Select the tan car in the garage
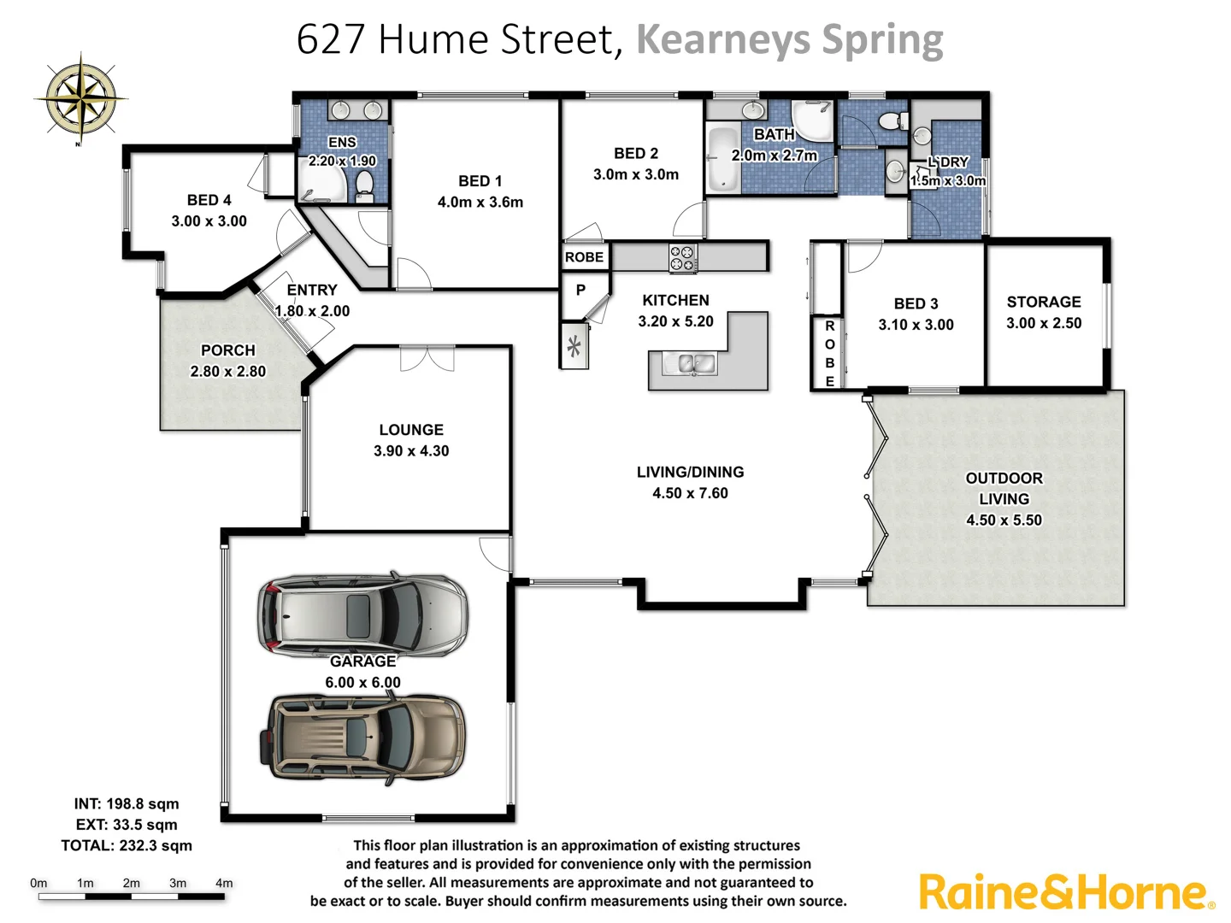(363, 738)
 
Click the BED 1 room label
(480, 181)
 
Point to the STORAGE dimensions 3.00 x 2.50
(1043, 323)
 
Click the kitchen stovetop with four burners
(683, 258)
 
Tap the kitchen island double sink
(697, 365)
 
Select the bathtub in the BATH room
(722, 158)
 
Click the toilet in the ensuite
(365, 185)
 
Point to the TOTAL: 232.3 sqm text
(127, 845)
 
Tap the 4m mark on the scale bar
(224, 884)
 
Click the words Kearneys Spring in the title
(789, 39)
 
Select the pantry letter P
(580, 290)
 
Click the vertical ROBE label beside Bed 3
(829, 354)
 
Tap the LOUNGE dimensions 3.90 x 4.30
(411, 451)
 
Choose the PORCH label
(227, 350)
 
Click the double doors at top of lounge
(427, 358)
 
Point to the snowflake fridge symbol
(574, 347)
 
